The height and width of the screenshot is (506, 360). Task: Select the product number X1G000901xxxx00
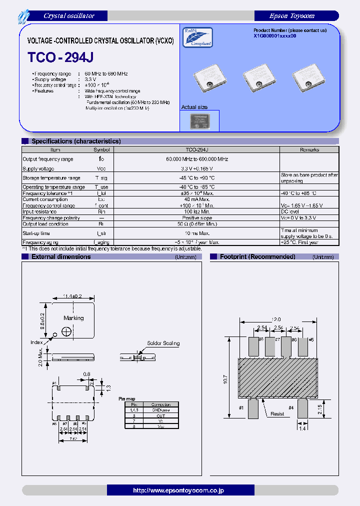pos(274,36)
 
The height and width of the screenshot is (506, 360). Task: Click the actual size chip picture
pos(199,121)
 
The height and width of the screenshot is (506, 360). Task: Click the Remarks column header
pos(309,149)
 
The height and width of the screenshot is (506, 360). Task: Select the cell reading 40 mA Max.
pos(196,199)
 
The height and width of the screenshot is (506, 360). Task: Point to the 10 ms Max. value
pos(196,233)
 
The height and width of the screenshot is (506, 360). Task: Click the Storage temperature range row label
pos(51,178)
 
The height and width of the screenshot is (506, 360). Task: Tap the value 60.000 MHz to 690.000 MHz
pos(196,159)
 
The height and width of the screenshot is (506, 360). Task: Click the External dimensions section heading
pos(61,256)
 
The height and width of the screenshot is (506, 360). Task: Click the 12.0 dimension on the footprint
pos(276,319)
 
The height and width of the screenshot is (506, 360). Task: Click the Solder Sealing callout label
pos(163,343)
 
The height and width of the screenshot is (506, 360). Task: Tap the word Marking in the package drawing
pos(73,318)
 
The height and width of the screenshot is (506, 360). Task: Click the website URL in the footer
pos(179,490)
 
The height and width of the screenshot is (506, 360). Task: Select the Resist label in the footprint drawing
pos(277,413)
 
